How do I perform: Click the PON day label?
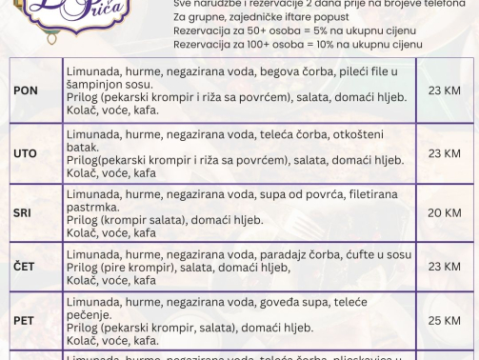click(x=27, y=90)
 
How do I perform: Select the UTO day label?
click(x=26, y=153)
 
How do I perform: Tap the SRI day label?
click(x=24, y=212)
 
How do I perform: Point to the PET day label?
click(x=24, y=321)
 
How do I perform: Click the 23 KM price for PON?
click(x=445, y=90)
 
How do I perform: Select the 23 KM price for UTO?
click(x=445, y=153)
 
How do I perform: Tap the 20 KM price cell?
click(x=445, y=212)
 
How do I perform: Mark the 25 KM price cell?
click(x=445, y=321)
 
